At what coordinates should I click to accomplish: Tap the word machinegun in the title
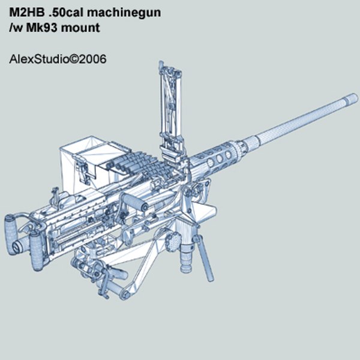click(126, 13)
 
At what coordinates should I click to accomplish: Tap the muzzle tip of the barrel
click(353, 97)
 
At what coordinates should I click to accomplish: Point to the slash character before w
click(11, 27)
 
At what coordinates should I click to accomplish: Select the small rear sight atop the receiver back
click(57, 195)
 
